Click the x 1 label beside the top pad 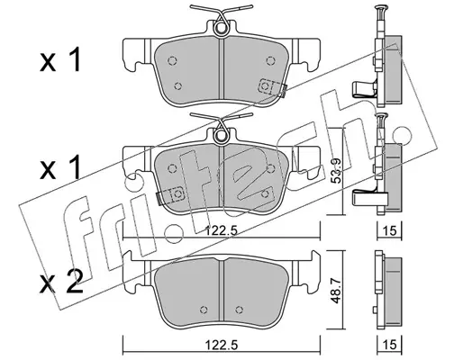[x=60, y=59]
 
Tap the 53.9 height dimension [x=337, y=170]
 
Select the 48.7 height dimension [x=337, y=291]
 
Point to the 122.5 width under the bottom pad [x=222, y=345]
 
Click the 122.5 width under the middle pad [x=222, y=231]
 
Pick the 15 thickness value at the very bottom [x=390, y=345]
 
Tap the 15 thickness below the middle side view [x=390, y=230]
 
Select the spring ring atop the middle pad [x=222, y=136]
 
